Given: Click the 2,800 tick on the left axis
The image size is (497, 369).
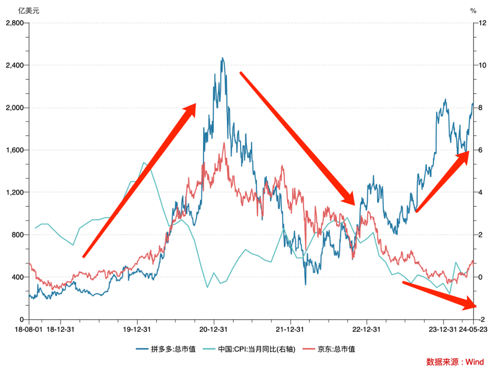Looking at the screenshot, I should click(x=13, y=23).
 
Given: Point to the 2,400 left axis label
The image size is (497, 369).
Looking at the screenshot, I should click(x=13, y=65).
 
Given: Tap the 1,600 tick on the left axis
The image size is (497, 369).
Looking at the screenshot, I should click(x=13, y=150).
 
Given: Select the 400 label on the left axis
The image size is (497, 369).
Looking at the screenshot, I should click(x=17, y=277).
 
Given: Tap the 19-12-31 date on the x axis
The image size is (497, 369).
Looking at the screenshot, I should click(x=136, y=329).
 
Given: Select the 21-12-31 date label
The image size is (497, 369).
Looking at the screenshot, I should click(x=289, y=329).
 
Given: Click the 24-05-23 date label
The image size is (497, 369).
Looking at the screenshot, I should click(x=473, y=329).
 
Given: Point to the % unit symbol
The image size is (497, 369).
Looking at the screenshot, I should click(x=473, y=10).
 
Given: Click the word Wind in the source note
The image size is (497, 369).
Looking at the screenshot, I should click(x=475, y=362).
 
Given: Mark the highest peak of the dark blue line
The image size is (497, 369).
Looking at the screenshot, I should click(x=222, y=59).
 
